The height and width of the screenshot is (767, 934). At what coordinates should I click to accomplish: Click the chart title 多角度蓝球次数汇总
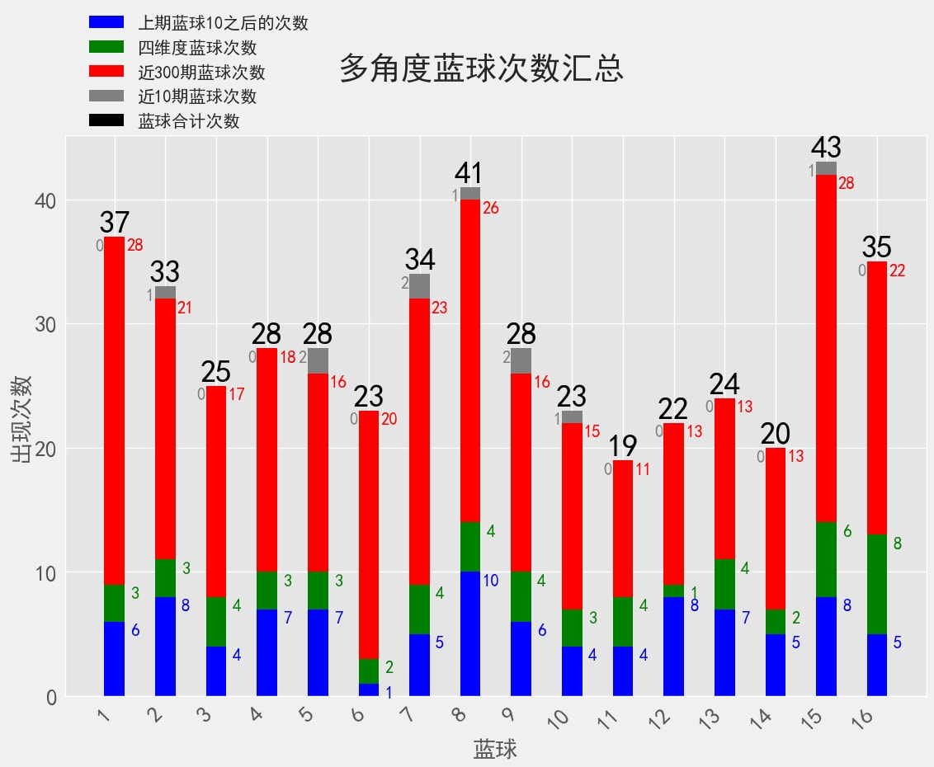pos(481,69)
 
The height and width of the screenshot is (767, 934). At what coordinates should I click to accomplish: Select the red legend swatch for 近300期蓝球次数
pos(106,72)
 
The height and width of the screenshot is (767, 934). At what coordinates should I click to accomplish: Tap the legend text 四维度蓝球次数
pos(197,48)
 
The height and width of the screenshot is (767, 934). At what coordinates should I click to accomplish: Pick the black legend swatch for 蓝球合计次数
pos(106,120)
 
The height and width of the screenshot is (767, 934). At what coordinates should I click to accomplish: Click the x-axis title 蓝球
pos(495,749)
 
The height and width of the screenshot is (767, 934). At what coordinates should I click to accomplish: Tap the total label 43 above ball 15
pos(826,148)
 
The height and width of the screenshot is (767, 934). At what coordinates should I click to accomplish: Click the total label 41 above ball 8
pos(469,173)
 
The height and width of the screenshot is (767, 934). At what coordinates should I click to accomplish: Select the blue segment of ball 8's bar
pos(470,633)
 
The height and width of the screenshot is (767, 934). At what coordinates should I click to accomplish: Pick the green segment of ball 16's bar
pos(877,584)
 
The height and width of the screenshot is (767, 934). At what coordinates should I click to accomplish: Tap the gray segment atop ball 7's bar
pos(419,286)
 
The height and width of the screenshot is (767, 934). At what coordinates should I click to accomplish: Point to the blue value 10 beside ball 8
pos(490,581)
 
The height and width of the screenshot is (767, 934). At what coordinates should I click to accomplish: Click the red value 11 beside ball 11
pos(643,470)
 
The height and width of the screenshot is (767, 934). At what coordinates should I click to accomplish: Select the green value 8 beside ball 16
pos(898,543)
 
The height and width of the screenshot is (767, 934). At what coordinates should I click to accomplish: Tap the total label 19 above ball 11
pos(623,446)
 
